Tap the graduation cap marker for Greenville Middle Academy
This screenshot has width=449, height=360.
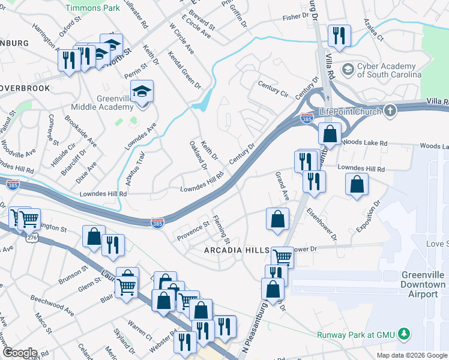(x=142, y=92)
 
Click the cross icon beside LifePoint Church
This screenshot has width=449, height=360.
(x=390, y=111)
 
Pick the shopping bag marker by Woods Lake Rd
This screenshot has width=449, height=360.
(x=330, y=133)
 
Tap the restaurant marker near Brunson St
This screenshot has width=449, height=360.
(x=113, y=245)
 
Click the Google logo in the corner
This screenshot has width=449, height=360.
(x=19, y=353)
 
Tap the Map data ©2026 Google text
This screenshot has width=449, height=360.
(x=412, y=355)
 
